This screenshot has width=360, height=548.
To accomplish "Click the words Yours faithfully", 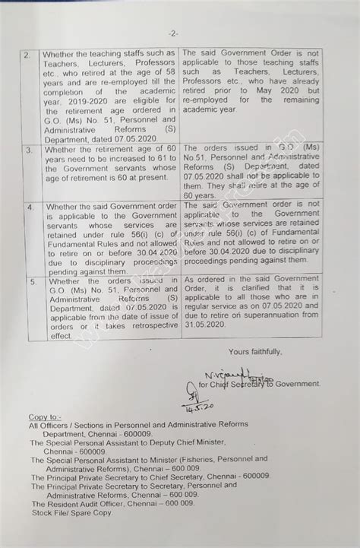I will pos(254,351).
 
